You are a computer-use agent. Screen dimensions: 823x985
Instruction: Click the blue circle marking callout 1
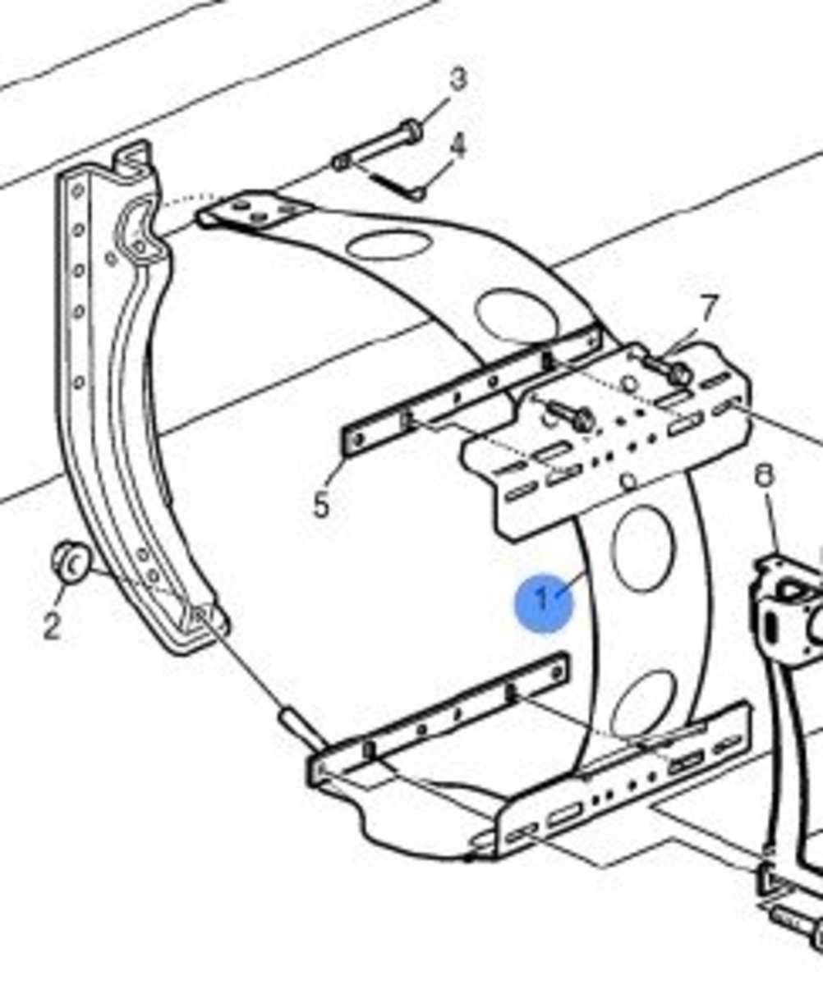coord(544,602)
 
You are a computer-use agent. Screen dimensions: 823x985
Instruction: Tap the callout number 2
coord(52,625)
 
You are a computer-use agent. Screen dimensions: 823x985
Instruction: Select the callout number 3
coord(457,79)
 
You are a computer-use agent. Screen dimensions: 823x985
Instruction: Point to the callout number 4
coord(457,145)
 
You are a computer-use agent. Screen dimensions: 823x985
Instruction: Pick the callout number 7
coord(708,309)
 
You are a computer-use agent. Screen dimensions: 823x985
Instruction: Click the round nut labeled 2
coord(71,563)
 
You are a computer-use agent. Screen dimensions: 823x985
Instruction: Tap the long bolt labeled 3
coord(378,146)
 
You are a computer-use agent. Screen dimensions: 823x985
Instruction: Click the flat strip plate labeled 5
coord(471,392)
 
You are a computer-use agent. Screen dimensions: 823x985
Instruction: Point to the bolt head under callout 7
coord(679,374)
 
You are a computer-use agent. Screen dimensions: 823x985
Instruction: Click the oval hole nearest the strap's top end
coord(389,245)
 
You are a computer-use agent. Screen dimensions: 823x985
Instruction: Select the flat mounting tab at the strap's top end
coord(255,211)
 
